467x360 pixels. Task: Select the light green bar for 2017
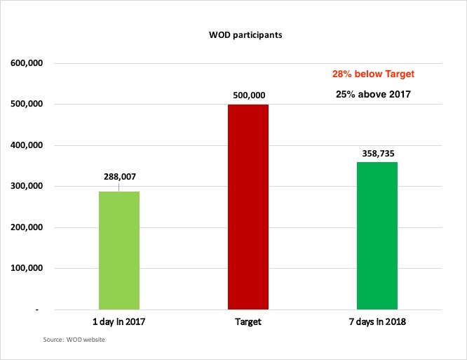(x=119, y=250)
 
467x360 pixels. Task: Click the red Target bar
(x=248, y=206)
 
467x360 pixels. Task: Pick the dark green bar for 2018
(x=377, y=235)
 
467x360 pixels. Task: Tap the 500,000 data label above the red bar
(x=248, y=93)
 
